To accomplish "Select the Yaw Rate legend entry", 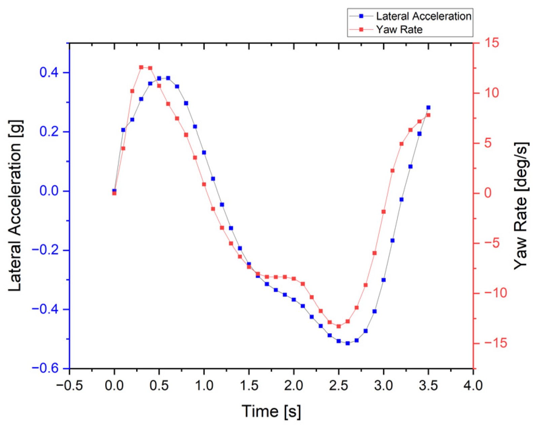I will [399, 30].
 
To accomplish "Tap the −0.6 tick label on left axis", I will [45, 368].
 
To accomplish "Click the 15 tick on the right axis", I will [491, 43].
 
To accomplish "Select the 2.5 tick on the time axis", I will [339, 385].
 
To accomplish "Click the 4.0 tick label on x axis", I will [473, 385].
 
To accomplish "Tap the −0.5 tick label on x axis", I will [69, 385].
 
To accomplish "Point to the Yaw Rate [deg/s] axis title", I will [521, 205].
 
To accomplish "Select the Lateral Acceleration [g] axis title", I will [15, 205].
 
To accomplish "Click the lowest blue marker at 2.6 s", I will [348, 343].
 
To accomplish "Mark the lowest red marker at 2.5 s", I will [339, 326].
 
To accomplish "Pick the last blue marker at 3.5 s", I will [428, 108].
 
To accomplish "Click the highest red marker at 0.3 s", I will [141, 67].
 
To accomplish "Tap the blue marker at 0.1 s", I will [123, 130].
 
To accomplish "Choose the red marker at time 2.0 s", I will [294, 278].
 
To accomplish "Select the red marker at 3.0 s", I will [384, 212].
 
